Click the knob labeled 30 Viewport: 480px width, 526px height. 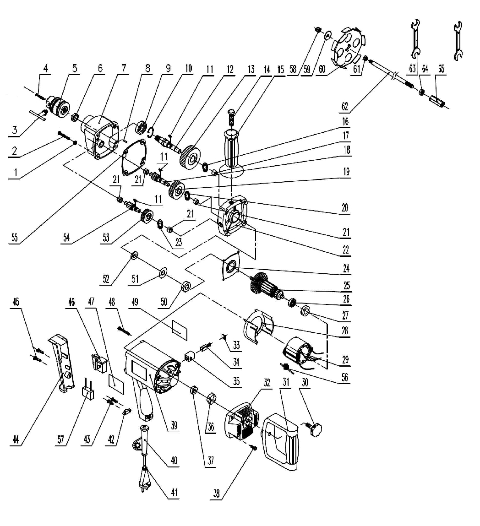[315, 430]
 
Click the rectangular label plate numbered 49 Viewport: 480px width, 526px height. [180, 329]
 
